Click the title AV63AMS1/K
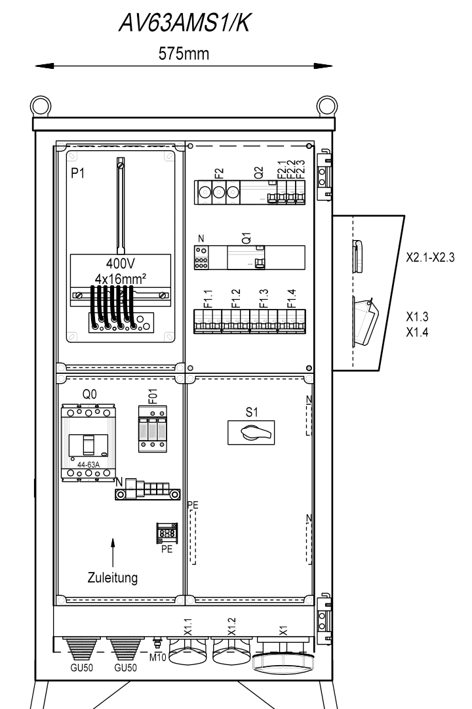184,23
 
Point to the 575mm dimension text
184,54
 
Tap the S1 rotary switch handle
257,433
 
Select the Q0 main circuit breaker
88,443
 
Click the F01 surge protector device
152,429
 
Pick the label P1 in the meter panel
78,172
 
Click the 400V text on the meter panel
120,263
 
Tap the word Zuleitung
113,577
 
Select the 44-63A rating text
88,465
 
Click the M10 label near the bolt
158,657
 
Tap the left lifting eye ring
41,106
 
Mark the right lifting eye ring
326,106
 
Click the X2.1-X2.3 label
430,258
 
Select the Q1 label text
247,238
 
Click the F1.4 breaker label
292,298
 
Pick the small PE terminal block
167,533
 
